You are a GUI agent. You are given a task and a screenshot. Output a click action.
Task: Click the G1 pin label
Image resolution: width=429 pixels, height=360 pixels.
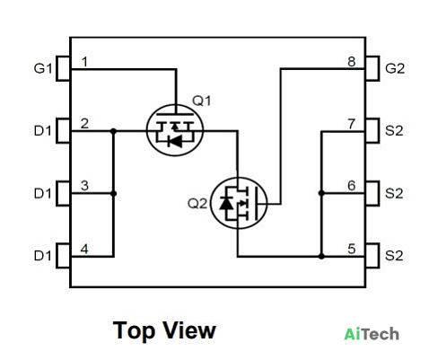pos(43,68)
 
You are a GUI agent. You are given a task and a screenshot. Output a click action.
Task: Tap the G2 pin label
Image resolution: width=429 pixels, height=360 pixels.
pos(395,68)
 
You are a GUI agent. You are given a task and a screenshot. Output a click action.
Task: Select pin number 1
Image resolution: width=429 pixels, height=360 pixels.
pos(84,62)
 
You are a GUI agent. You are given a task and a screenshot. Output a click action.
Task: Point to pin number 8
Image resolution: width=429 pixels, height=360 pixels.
pos(352,62)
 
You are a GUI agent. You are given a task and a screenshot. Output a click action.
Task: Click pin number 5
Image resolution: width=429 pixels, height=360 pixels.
pos(352,249)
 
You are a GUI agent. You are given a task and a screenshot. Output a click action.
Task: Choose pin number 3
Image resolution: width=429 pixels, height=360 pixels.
pos(84,186)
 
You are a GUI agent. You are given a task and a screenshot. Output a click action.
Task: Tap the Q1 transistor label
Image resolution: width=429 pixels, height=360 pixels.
pos(201,101)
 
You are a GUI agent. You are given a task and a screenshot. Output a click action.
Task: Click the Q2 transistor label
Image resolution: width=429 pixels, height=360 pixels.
pos(197,204)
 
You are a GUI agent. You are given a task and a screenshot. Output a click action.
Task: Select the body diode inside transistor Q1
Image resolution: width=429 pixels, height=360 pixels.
pos(175,141)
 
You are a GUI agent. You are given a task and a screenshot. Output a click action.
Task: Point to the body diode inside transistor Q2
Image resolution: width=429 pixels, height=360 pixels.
pos(226,204)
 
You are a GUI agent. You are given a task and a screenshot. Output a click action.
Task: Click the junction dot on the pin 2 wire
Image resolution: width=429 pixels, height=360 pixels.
pos(113,131)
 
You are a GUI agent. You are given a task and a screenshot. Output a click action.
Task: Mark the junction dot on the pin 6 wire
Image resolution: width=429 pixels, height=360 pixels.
pos(321,193)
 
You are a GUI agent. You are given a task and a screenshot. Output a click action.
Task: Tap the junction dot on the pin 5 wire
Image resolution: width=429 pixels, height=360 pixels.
pos(321,256)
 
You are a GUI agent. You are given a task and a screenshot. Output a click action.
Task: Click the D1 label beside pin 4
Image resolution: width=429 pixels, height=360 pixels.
pos(43,256)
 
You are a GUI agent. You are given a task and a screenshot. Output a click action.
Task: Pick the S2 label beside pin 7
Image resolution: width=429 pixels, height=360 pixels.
pos(394,131)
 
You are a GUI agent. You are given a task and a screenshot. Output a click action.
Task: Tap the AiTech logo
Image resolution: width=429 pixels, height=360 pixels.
pos(372,334)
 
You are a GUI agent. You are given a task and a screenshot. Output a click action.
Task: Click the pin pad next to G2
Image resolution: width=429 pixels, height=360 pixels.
pos(372,68)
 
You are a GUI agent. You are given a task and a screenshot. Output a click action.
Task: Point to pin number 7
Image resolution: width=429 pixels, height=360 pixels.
pos(352,124)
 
